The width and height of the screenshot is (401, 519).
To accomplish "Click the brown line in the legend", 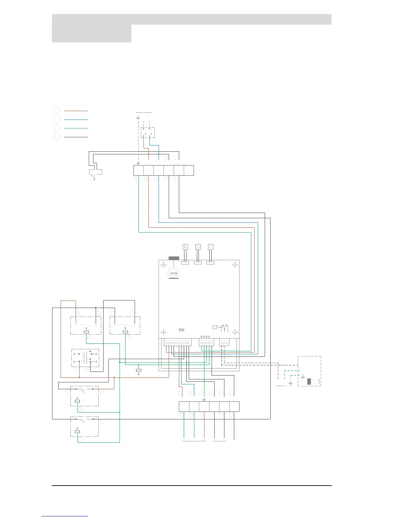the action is point(76,111).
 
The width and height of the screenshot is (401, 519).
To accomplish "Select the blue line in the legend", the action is point(76,120).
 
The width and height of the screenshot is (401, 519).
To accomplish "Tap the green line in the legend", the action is point(76,128).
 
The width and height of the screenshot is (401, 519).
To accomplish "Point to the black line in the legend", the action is point(76,137).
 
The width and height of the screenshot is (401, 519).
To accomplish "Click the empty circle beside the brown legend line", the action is point(57,110).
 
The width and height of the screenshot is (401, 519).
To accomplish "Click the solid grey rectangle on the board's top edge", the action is point(174,258).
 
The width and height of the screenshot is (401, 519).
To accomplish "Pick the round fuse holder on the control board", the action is point(174,273).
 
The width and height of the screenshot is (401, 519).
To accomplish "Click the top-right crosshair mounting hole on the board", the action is point(235,265).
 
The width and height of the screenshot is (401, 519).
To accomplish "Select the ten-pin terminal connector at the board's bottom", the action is point(177,342).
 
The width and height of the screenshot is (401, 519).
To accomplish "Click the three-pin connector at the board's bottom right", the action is point(224,342).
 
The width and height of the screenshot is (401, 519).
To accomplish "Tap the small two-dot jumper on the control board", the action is point(182,330).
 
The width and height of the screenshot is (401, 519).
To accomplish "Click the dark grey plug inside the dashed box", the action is point(309,381).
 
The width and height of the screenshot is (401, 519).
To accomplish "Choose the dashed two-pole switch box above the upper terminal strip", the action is point(148,132).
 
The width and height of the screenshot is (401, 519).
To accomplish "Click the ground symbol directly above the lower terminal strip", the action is point(204,399).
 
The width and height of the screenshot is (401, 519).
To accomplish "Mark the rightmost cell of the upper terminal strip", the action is point(189,170).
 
